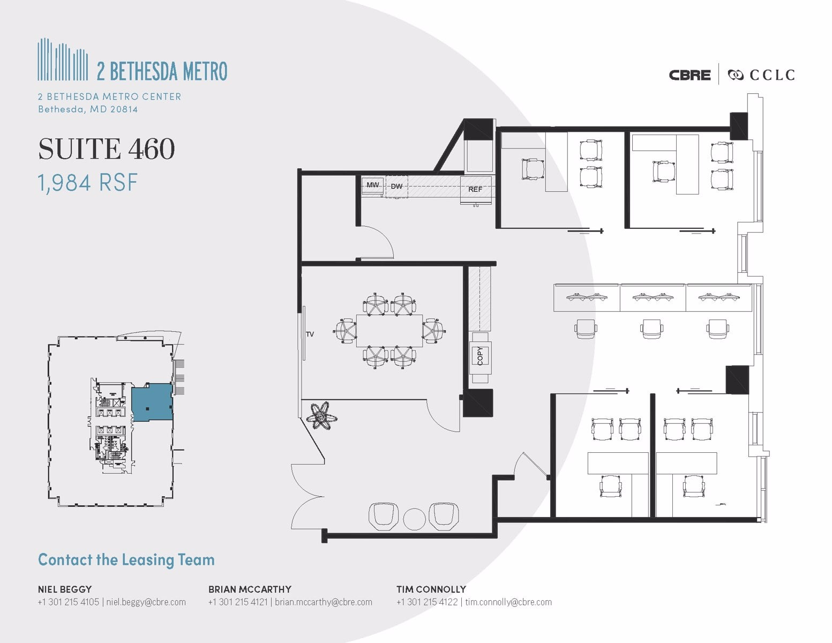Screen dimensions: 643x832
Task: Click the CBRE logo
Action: (689, 75)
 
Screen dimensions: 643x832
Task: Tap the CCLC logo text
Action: (771, 75)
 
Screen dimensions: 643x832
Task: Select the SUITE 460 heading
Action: (107, 149)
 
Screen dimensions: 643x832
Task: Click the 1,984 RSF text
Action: (88, 183)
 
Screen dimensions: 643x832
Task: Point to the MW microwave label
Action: (372, 185)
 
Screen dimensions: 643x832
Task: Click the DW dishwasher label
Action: (396, 186)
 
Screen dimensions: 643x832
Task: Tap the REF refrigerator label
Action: (475, 189)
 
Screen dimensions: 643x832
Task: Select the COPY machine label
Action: (480, 356)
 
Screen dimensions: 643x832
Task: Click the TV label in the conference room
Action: (310, 334)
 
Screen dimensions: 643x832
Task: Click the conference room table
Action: (389, 331)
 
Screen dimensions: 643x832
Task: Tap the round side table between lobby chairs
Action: (414, 519)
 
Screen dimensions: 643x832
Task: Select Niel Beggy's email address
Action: (146, 602)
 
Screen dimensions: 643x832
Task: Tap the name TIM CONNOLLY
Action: (431, 589)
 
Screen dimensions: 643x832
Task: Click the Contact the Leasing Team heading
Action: (126, 560)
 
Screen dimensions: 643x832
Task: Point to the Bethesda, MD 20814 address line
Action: (88, 109)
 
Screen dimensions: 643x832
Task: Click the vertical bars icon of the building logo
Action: (63, 60)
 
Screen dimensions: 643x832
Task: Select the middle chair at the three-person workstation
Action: (651, 328)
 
